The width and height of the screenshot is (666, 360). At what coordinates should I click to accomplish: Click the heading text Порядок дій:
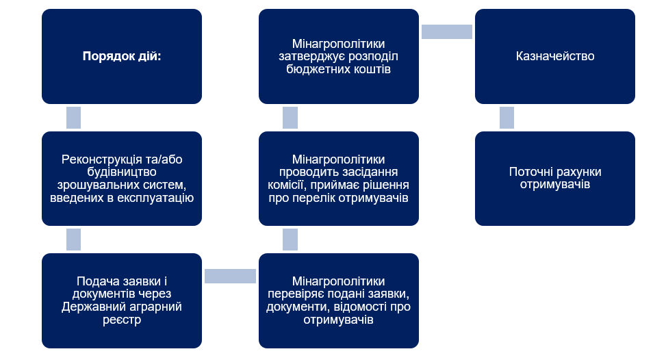[122, 56]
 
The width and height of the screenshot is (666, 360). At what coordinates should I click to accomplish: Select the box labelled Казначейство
[554, 56]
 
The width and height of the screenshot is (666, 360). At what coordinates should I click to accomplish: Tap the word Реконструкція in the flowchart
[96, 159]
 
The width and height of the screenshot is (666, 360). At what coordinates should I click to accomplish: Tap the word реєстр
[122, 320]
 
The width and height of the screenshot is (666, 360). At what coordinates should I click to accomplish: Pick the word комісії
[286, 185]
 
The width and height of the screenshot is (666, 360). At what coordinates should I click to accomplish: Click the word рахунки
[579, 172]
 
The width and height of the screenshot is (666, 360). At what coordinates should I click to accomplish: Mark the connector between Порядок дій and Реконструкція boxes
[73, 118]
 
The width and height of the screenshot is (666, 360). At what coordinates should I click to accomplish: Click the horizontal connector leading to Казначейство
[447, 32]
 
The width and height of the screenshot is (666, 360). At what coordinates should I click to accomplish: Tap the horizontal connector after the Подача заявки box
[230, 276]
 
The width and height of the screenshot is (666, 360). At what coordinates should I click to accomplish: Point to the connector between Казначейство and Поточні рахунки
[507, 118]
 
